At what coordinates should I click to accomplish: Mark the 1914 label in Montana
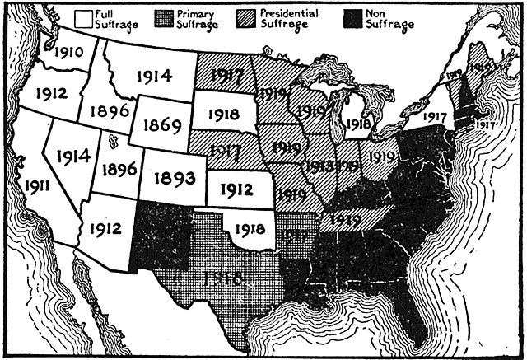pyautogui.click(x=150, y=77)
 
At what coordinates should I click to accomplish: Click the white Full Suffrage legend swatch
pyautogui.click(x=81, y=17)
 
